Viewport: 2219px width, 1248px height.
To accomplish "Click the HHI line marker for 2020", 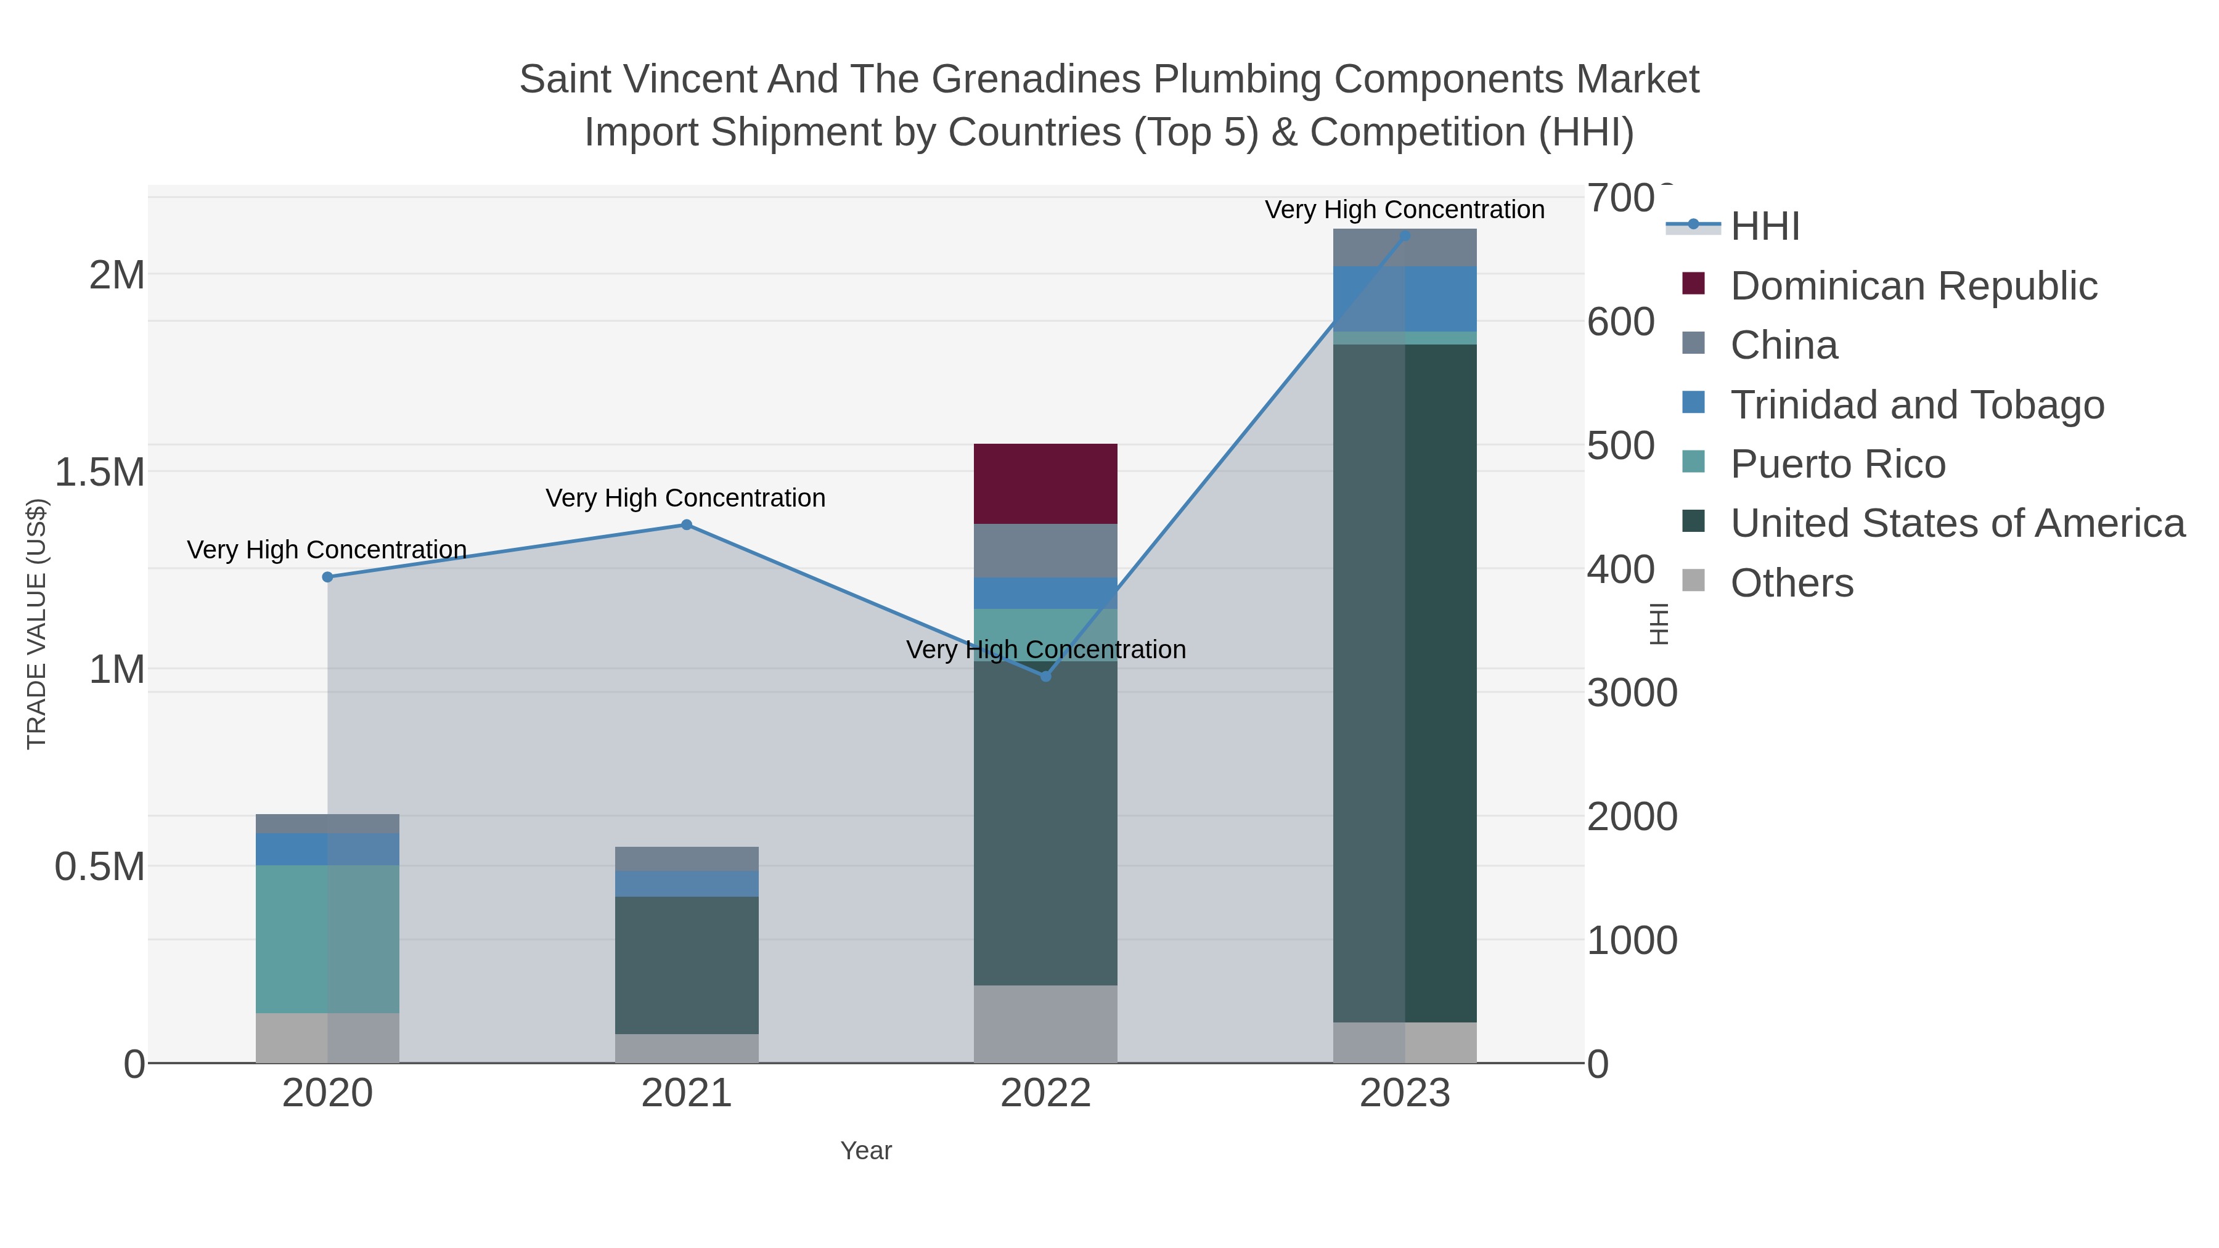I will point(327,577).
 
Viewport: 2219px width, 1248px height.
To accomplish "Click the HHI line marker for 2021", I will point(687,524).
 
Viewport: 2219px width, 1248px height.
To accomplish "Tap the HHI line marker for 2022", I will point(1046,676).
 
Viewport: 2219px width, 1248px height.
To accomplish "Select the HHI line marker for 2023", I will point(1405,235).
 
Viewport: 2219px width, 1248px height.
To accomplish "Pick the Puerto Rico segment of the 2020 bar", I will point(327,939).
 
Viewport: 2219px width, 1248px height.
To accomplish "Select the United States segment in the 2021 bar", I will point(687,965).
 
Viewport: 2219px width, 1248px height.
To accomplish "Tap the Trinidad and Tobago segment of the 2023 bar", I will point(1405,299).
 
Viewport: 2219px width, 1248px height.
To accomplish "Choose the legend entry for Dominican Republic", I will point(1913,286).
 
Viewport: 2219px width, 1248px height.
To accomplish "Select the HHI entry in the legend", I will point(1764,227).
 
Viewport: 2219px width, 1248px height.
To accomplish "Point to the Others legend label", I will point(1792,583).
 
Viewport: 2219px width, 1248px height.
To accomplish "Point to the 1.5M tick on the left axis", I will point(100,472).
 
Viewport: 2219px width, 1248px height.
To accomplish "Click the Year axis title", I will point(866,1151).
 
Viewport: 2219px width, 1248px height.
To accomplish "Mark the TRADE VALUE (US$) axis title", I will point(36,624).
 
